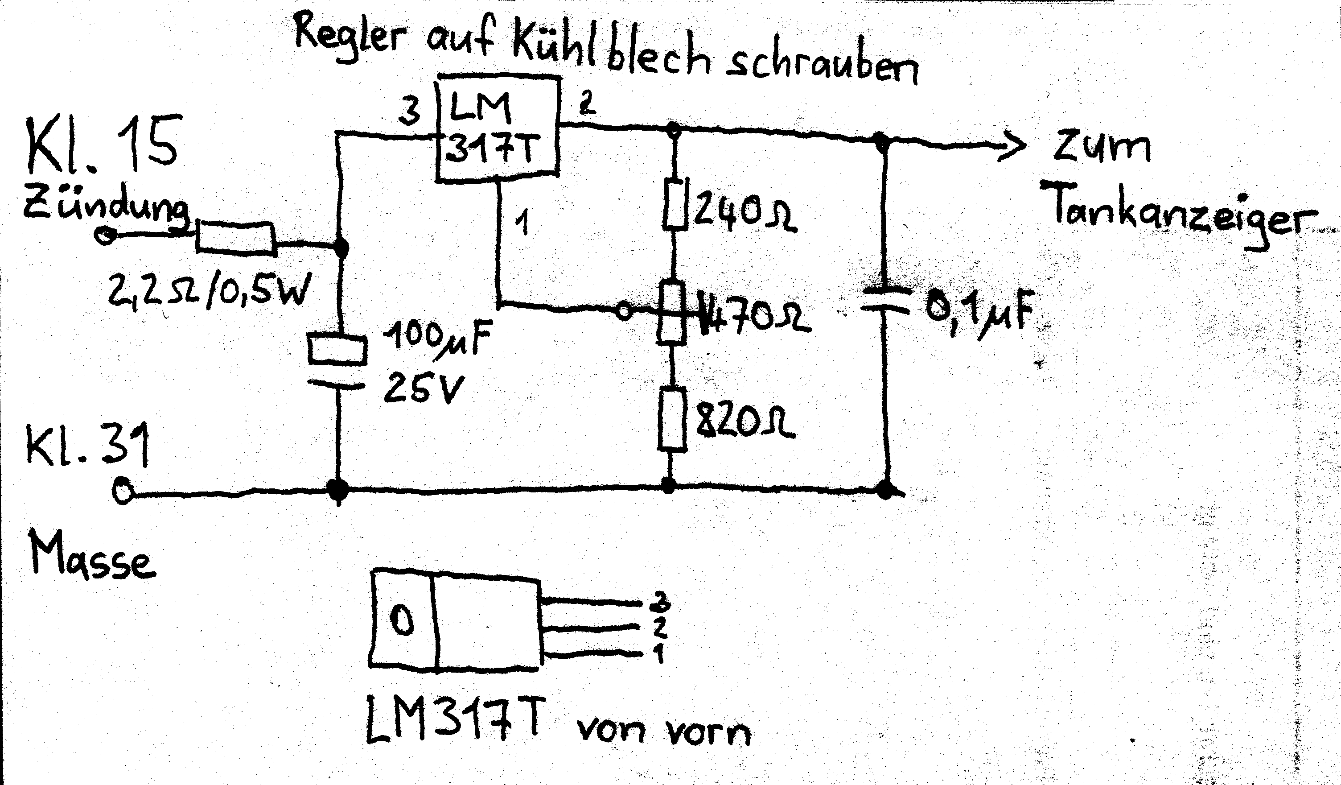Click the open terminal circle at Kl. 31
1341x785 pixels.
pyautogui.click(x=123, y=492)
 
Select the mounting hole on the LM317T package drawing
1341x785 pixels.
pyautogui.click(x=402, y=620)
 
